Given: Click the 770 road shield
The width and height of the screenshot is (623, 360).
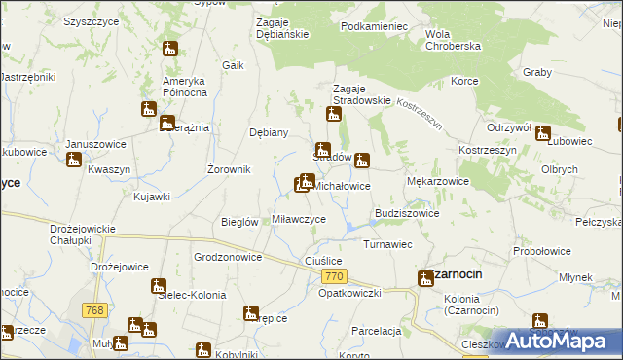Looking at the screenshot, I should tap(331, 278).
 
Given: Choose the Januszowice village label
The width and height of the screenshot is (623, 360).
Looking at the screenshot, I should tap(96, 144).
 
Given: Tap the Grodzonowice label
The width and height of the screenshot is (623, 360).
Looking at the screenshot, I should tap(228, 258).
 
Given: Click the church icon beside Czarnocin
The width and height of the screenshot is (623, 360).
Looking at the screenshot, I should tap(425, 279).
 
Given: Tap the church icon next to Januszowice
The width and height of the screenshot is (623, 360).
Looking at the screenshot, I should tap(73, 160).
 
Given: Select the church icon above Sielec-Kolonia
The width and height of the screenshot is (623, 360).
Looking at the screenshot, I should tap(158, 286).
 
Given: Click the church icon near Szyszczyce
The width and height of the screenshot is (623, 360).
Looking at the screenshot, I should tap(170, 49).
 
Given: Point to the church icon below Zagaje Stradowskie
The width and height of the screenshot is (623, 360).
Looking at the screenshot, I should tap(334, 115).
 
